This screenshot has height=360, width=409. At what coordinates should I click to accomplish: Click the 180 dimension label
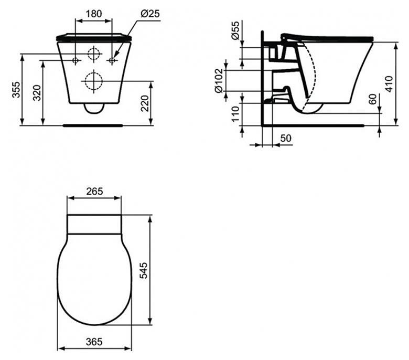click(x=94, y=14)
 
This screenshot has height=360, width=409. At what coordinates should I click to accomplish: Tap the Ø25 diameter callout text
click(x=150, y=13)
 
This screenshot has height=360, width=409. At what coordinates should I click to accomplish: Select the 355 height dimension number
click(x=16, y=90)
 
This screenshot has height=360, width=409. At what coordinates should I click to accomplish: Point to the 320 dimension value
click(x=37, y=93)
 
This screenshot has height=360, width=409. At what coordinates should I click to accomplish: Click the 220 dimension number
click(x=145, y=103)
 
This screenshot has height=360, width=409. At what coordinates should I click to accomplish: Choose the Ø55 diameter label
click(x=235, y=30)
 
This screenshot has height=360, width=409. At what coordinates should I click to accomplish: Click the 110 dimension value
click(x=235, y=114)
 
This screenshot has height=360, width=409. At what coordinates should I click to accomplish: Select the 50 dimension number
click(x=286, y=138)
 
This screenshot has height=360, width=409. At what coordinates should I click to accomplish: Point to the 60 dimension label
click(x=373, y=99)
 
